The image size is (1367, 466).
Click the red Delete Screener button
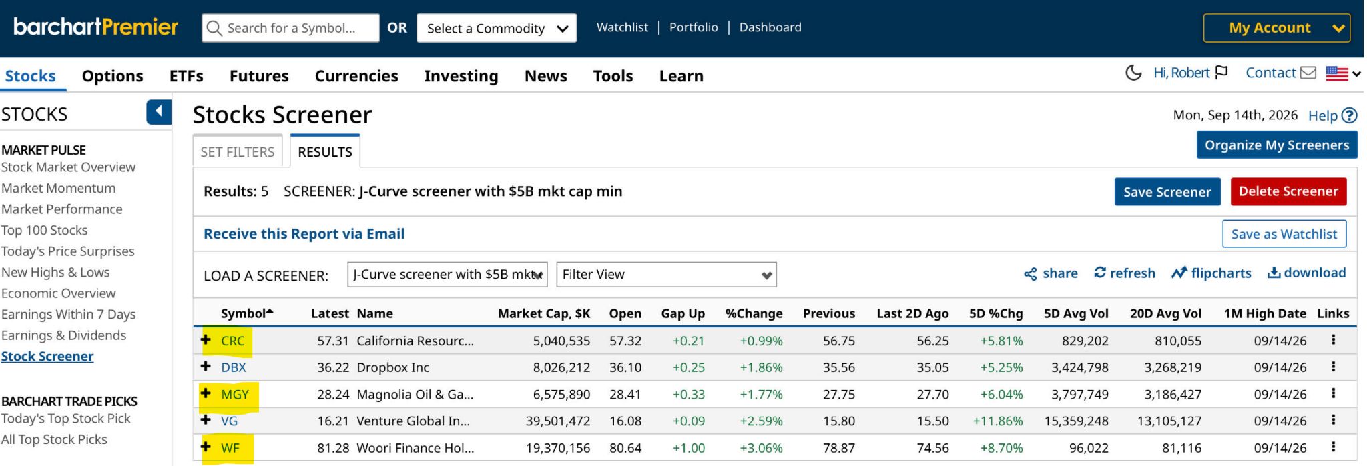pos(1288,191)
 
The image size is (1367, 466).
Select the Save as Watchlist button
pos(1284,234)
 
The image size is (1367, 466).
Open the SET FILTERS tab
pos(238,152)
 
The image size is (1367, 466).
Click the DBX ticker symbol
pos(234,367)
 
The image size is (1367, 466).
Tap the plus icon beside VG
pos(206,420)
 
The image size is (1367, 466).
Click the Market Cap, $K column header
pos(544,313)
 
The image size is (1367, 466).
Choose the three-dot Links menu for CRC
pos(1333,340)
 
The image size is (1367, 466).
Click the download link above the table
pos(1306,273)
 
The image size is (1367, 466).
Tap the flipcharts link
pos(1211,273)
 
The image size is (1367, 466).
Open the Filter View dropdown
pos(666,275)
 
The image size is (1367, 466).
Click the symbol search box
pos(290,28)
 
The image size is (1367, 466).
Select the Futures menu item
pos(259,76)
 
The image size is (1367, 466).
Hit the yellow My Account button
pos(1276,28)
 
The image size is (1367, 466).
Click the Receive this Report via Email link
pos(304,234)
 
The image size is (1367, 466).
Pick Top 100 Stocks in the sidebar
pos(45,230)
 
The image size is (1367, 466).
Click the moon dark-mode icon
pos(1133,73)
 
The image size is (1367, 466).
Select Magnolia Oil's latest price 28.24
pos(333,395)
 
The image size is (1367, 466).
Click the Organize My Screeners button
pos(1277,145)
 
